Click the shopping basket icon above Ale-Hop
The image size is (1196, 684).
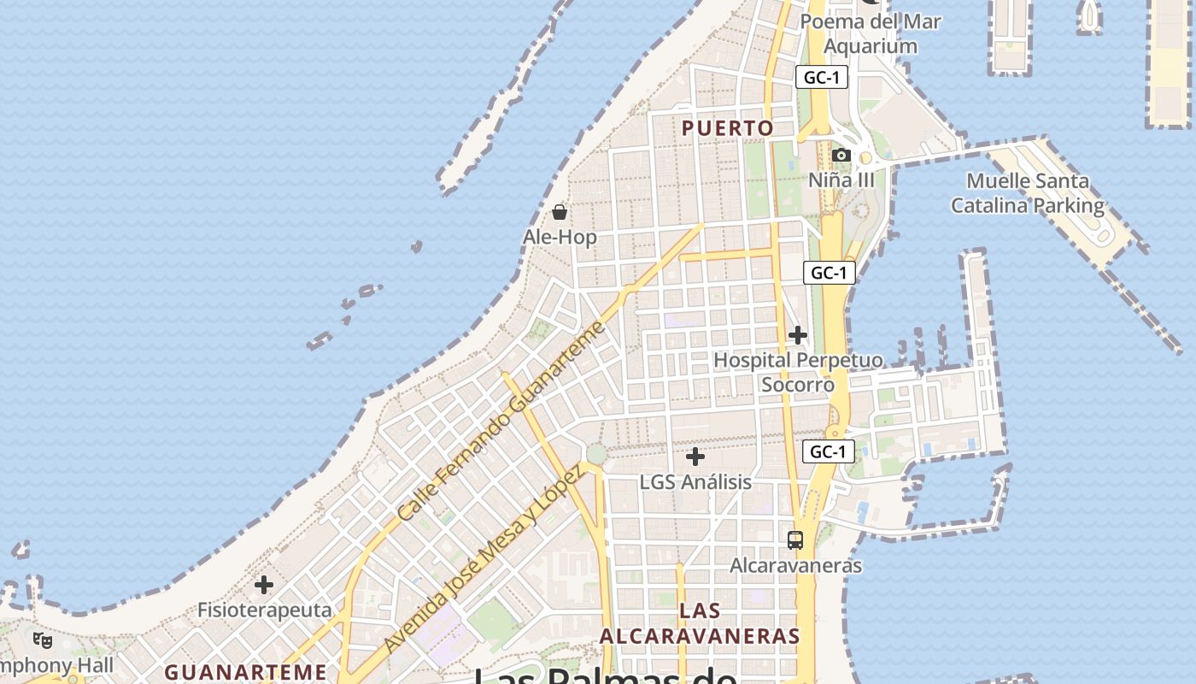tap(560, 212)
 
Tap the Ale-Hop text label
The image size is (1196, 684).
tap(560, 237)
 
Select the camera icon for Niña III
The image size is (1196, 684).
tap(841, 156)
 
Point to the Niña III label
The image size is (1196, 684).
tap(841, 180)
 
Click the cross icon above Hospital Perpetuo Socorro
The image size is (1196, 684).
tap(798, 335)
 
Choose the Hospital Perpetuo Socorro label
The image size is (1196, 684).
tap(798, 372)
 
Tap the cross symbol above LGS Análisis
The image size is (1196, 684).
tap(695, 457)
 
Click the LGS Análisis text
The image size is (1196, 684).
tap(695, 482)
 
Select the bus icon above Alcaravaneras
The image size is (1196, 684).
tap(795, 540)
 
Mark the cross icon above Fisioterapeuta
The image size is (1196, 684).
tap(264, 585)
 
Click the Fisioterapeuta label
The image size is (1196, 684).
tap(264, 610)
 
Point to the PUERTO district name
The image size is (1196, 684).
tap(728, 128)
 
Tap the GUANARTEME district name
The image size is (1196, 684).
tap(245, 672)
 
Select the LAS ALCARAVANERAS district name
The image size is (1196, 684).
tap(700, 624)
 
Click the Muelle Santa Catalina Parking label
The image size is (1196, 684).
tap(1028, 193)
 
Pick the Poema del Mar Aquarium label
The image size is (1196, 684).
tap(871, 33)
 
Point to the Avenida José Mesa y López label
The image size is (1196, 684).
tap(483, 559)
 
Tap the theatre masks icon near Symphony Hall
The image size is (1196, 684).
tap(43, 640)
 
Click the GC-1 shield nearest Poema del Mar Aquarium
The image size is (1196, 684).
tap(822, 77)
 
